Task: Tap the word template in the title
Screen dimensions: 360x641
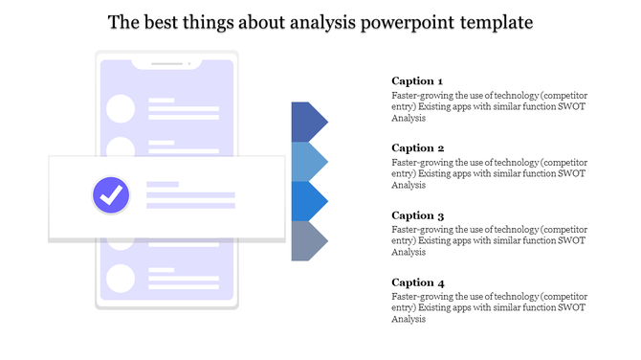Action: pos(488,22)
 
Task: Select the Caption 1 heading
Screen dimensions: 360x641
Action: pos(417,81)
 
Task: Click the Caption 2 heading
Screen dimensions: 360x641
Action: pos(418,148)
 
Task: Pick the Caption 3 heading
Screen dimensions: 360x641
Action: pos(418,215)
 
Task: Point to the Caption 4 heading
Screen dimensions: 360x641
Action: pos(418,282)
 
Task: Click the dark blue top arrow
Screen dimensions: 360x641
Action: pos(307,122)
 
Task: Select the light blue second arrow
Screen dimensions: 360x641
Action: pos(307,161)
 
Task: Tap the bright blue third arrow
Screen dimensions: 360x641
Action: pos(307,201)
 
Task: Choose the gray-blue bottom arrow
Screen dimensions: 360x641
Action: pos(307,240)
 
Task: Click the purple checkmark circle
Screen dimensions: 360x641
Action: pos(111,195)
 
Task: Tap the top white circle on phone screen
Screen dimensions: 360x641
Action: pos(121,108)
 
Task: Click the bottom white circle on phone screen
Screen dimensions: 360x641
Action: pos(121,279)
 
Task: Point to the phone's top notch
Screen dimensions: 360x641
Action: pos(166,65)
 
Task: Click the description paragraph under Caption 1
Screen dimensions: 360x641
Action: pos(489,107)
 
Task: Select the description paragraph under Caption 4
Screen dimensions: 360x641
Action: pos(489,308)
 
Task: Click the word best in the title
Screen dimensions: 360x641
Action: pos(165,22)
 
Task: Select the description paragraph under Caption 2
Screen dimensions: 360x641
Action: pos(489,174)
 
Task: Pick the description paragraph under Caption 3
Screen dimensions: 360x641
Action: pos(489,241)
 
